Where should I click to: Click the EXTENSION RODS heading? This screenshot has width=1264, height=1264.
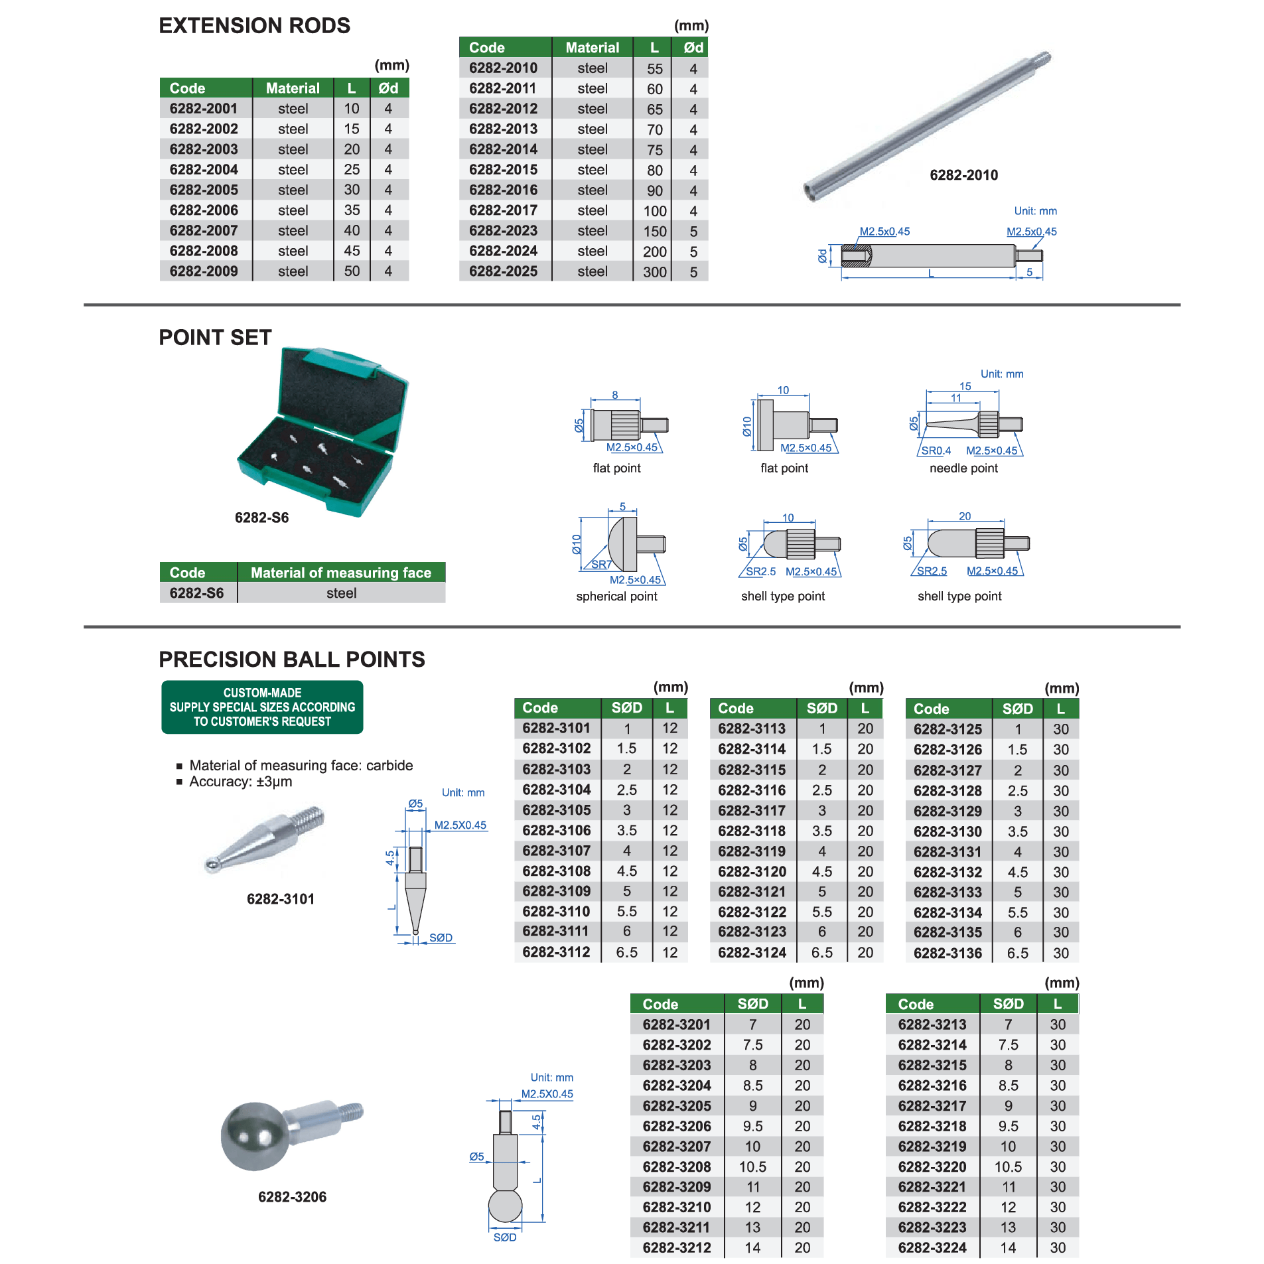coord(254,26)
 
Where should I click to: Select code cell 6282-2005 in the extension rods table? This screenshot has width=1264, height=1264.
coord(204,190)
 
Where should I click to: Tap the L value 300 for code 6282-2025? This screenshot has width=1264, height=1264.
coord(654,271)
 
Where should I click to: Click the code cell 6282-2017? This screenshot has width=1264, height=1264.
coord(503,210)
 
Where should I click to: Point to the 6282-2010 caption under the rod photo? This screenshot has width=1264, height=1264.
coord(963,175)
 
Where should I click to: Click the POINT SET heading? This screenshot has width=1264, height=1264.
coord(215,337)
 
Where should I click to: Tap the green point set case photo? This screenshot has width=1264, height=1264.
coord(323,431)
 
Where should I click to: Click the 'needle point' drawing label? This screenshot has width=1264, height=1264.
coord(963,468)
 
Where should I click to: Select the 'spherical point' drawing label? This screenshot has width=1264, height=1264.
coord(616,596)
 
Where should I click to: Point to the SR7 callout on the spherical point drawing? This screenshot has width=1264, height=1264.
coord(601,565)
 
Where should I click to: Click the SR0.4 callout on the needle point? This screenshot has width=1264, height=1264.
coord(936,451)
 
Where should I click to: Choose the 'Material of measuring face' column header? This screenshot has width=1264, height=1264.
coord(341,573)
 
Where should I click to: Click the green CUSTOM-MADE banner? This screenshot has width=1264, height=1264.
coord(262,707)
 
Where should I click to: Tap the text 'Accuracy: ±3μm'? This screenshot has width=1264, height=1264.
coord(240,782)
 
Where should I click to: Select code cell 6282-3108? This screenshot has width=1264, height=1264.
coord(556,871)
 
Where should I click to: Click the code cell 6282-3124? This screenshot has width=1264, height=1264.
coord(752,952)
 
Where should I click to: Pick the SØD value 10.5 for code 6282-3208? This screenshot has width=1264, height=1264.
coord(752,1166)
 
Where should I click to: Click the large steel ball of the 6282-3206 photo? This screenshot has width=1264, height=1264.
coord(255,1136)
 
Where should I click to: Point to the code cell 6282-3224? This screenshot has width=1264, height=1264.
coord(932,1247)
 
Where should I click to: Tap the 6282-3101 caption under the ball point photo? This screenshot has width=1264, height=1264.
coord(281,899)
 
